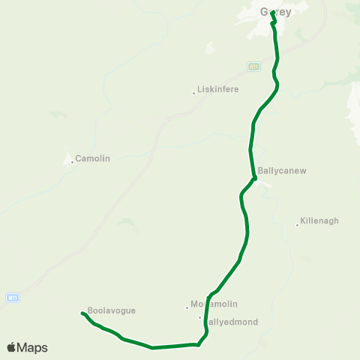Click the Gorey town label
(x=275, y=12)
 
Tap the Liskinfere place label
(x=218, y=88)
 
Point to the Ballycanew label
(x=282, y=171)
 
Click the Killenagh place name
(x=319, y=221)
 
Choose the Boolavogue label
(x=112, y=310)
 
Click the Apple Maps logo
(x=27, y=348)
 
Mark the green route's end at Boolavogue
(x=81, y=313)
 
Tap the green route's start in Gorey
(x=272, y=13)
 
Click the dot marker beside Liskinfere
(x=194, y=93)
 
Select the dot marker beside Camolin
(x=73, y=160)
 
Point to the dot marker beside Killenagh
(x=297, y=225)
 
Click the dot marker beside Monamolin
(x=187, y=307)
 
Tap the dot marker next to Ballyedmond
(x=200, y=317)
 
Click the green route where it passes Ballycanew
(x=255, y=178)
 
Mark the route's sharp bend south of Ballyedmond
(x=198, y=345)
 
